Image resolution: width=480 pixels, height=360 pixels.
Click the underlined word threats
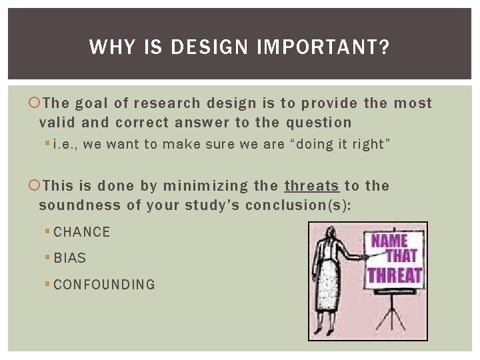[x=312, y=186]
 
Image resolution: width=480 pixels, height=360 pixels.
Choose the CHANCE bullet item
[x=81, y=232]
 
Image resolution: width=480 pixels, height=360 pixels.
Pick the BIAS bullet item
[x=69, y=258]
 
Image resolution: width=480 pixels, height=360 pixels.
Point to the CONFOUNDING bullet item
[x=104, y=285]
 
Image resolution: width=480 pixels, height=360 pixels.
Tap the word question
[x=319, y=123]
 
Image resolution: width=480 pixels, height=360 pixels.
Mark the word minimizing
[x=197, y=186]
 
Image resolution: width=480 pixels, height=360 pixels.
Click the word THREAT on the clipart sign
[x=395, y=274]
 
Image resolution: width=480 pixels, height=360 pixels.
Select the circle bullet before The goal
[x=35, y=104]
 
